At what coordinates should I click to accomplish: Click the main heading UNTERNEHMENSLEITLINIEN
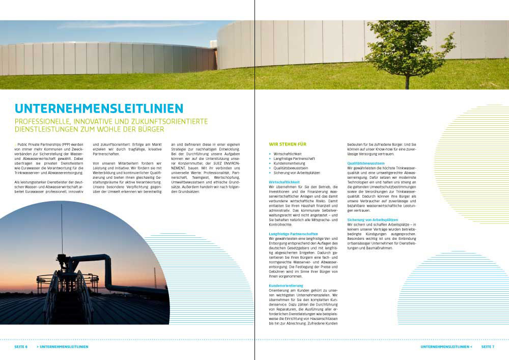click(99, 108)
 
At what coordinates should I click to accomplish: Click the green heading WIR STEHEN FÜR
click(288, 144)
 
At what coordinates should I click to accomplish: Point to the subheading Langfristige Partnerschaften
click(293, 233)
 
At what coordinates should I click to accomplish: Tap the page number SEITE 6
click(21, 347)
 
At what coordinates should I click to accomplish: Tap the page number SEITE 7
click(488, 347)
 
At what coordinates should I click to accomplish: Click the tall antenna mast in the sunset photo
click(62, 229)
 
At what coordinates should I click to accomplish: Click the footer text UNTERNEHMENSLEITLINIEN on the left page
click(64, 347)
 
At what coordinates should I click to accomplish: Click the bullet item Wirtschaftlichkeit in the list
click(287, 153)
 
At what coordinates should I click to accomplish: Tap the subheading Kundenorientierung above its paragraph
click(286, 286)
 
